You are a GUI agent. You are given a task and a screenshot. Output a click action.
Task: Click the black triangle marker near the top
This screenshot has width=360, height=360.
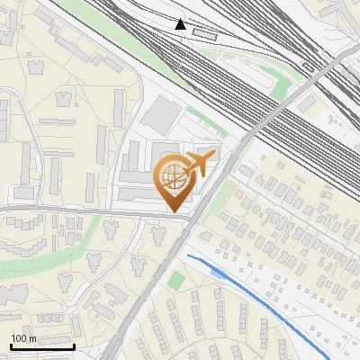pyautogui.click(x=182, y=24)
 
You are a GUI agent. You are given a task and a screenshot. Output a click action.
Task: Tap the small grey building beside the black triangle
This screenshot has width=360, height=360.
pyautogui.click(x=205, y=34)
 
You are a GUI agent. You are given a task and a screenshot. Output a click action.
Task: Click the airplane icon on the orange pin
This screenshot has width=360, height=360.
pyautogui.click(x=198, y=163)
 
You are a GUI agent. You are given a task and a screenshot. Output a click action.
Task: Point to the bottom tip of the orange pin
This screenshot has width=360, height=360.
pyautogui.click(x=172, y=211)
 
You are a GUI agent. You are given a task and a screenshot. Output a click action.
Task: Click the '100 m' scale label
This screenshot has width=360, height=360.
pyautogui.click(x=23, y=337)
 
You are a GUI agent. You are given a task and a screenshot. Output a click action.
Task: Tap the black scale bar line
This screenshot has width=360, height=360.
pyautogui.click(x=41, y=346)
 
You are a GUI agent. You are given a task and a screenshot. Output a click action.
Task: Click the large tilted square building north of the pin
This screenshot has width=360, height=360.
pyautogui.click(x=162, y=114)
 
